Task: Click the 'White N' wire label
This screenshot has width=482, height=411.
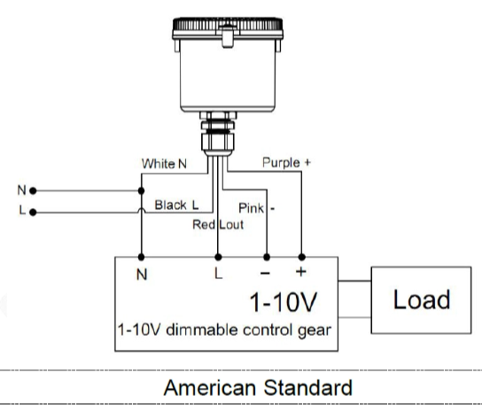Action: pyautogui.click(x=164, y=164)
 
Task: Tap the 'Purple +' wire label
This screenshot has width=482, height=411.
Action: pyautogui.click(x=286, y=163)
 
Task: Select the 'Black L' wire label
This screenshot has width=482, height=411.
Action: pyautogui.click(x=176, y=205)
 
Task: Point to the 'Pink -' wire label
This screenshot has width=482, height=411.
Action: pyautogui.click(x=256, y=208)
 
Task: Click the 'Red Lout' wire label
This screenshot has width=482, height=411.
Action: pyautogui.click(x=218, y=225)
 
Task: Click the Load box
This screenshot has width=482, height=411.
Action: pyautogui.click(x=421, y=300)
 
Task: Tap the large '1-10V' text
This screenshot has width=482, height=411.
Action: pyautogui.click(x=284, y=302)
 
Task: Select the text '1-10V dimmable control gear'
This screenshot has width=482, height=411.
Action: pyautogui.click(x=224, y=330)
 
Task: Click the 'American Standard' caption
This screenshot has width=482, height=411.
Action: pyautogui.click(x=258, y=388)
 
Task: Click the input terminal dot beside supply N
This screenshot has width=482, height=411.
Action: pyautogui.click(x=33, y=191)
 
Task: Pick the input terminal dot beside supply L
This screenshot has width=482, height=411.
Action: pyautogui.click(x=33, y=212)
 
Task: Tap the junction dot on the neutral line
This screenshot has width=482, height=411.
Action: pyautogui.click(x=141, y=191)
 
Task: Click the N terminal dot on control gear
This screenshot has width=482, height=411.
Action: pyautogui.click(x=141, y=257)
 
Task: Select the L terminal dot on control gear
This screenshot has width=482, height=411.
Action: pyautogui.click(x=218, y=257)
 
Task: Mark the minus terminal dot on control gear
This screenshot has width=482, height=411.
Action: pyautogui.click(x=267, y=257)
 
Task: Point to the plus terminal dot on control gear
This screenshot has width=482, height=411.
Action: pyautogui.click(x=301, y=257)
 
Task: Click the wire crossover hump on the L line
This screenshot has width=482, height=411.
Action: pyautogui.click(x=141, y=209)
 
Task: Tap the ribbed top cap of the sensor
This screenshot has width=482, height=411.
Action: pyautogui.click(x=228, y=24)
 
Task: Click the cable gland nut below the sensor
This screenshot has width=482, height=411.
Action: pyautogui.click(x=218, y=142)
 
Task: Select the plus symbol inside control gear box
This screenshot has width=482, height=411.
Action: pyautogui.click(x=301, y=271)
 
